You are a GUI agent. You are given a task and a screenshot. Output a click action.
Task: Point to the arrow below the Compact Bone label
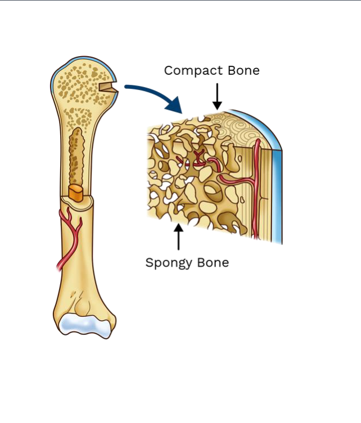(217, 96)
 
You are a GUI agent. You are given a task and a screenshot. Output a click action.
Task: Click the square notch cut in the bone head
(107, 88)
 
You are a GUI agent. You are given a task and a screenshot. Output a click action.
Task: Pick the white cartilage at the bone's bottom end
(85, 324)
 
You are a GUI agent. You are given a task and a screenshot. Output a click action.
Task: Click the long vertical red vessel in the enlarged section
(257, 185)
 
